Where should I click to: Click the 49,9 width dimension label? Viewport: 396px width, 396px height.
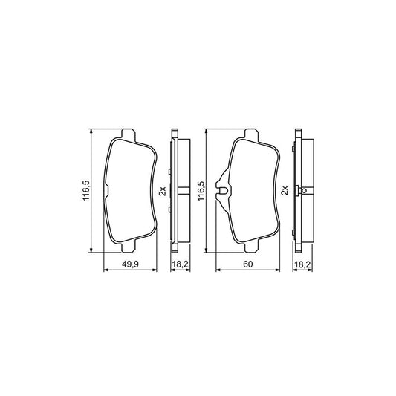(130, 264)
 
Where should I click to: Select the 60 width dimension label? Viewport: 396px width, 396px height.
(247, 264)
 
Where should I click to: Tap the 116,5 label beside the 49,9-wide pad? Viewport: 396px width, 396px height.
(86, 190)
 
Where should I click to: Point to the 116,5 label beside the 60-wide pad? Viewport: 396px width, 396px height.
(201, 191)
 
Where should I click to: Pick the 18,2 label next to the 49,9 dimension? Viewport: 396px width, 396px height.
(180, 264)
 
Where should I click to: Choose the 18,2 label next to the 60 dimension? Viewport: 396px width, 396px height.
(302, 264)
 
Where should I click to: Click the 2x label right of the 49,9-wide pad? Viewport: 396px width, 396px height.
(163, 191)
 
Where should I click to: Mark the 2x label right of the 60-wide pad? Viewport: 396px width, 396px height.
(285, 190)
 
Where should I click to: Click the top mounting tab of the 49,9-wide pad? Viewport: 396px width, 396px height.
(129, 135)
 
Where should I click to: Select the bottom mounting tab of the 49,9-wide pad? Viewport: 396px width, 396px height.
(129, 246)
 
